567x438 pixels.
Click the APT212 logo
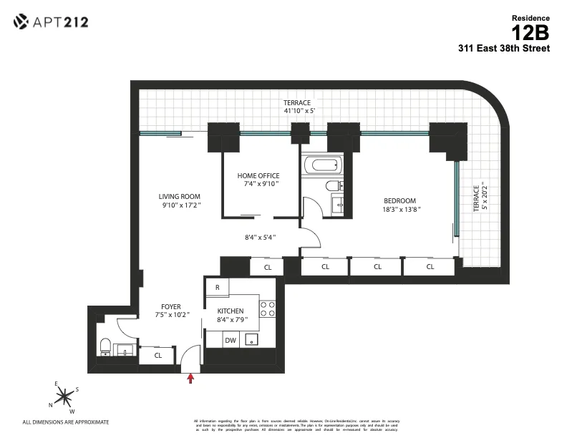point(51,22)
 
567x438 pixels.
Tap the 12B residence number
point(530,32)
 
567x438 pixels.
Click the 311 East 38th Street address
point(504,49)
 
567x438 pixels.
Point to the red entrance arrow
point(190,379)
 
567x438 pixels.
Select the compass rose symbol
point(65,395)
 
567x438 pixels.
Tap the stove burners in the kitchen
point(267,308)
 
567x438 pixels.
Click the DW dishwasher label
point(230,341)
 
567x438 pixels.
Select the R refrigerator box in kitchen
point(217,287)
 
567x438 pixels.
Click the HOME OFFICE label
point(258,176)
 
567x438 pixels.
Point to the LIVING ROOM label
point(179,197)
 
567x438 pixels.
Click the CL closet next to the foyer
point(158,354)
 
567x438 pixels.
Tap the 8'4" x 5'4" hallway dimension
point(260,237)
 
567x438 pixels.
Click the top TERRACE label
point(297,102)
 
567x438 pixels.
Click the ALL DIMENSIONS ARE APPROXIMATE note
point(66,422)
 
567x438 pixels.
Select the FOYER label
point(171,306)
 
